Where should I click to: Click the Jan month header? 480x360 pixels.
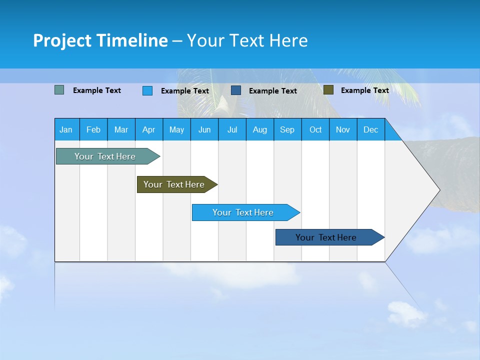[66, 129]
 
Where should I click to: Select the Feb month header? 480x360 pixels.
[93, 129]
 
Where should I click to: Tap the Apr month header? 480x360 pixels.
[149, 129]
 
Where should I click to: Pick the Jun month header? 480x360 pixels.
[204, 129]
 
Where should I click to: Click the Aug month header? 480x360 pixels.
[260, 129]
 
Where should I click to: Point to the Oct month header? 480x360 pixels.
[315, 129]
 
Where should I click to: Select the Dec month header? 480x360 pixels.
[371, 129]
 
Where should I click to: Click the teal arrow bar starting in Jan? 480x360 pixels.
[105, 156]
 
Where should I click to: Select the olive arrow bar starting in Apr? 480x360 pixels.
[174, 184]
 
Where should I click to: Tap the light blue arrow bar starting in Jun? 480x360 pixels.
[243, 212]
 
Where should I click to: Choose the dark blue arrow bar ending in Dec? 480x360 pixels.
[326, 237]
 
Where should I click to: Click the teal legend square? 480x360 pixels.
[59, 90]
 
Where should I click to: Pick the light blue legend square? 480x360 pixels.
[147, 90]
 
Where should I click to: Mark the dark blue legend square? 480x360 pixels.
[236, 90]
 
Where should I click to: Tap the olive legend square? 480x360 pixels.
[328, 90]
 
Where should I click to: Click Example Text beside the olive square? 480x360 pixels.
[364, 90]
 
